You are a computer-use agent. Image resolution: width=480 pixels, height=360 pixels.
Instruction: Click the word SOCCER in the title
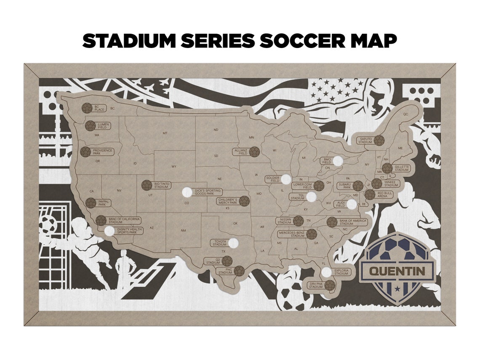pos(301,41)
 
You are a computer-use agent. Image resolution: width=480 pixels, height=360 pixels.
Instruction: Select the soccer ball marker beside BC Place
pos(87,108)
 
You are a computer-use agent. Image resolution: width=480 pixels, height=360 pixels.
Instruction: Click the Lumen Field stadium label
pos(103,125)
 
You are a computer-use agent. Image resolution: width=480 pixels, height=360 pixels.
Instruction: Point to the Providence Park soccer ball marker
pos(86,152)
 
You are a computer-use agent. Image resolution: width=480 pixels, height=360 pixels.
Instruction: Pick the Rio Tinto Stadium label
pos(162,185)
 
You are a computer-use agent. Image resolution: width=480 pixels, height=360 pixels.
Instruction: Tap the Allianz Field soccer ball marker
pos(254,152)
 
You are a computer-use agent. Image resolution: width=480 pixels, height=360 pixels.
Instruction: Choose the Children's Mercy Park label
pos(228,201)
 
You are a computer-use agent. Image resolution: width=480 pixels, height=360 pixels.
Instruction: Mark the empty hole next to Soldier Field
pos(286,179)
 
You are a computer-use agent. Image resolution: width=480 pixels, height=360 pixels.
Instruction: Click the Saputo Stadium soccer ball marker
pos(379,140)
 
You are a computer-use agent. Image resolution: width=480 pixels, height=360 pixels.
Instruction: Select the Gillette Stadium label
pos(402,168)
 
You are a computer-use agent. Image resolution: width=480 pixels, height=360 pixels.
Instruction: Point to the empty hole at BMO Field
pos(338,160)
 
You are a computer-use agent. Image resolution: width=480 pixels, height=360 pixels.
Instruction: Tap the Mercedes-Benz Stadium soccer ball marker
pos(312,234)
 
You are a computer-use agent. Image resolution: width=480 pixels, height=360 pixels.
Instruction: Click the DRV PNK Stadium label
pos(315,285)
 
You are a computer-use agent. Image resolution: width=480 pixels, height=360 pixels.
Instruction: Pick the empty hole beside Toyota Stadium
pos(233,243)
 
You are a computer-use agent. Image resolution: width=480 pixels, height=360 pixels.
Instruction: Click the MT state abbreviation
pos(165,133)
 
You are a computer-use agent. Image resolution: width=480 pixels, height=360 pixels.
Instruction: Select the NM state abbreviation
pos(183,230)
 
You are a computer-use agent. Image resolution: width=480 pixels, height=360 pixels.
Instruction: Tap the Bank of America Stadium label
pos(353,222)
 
